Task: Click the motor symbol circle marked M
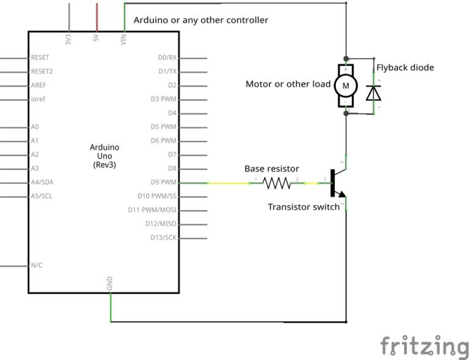(x=346, y=86)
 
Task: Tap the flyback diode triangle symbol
(x=374, y=93)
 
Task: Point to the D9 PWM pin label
(x=163, y=182)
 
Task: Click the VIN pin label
(x=125, y=39)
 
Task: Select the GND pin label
(x=111, y=283)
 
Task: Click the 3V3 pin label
(x=68, y=39)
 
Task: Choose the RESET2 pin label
(x=42, y=72)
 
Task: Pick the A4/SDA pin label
(x=42, y=182)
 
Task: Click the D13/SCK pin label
(x=163, y=238)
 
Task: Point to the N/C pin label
(x=37, y=265)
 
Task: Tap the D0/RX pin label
(x=167, y=57)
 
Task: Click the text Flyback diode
(x=405, y=67)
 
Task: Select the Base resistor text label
(x=272, y=168)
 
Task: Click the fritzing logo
(x=424, y=347)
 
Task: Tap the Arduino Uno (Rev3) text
(x=104, y=156)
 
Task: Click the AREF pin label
(x=38, y=85)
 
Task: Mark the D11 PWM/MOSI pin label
(x=152, y=210)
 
